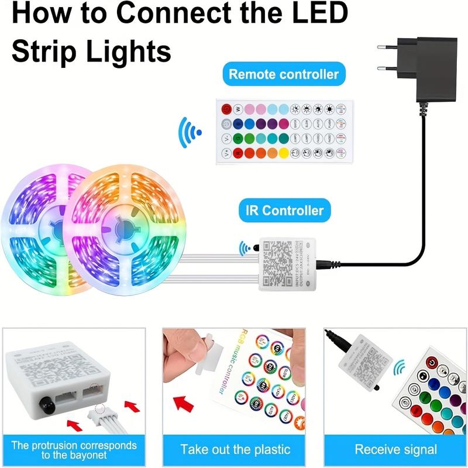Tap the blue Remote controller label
(x=284, y=75)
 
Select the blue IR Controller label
(x=284, y=209)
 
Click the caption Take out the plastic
(x=235, y=449)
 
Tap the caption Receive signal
(x=395, y=449)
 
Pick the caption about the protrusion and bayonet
(x=74, y=449)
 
